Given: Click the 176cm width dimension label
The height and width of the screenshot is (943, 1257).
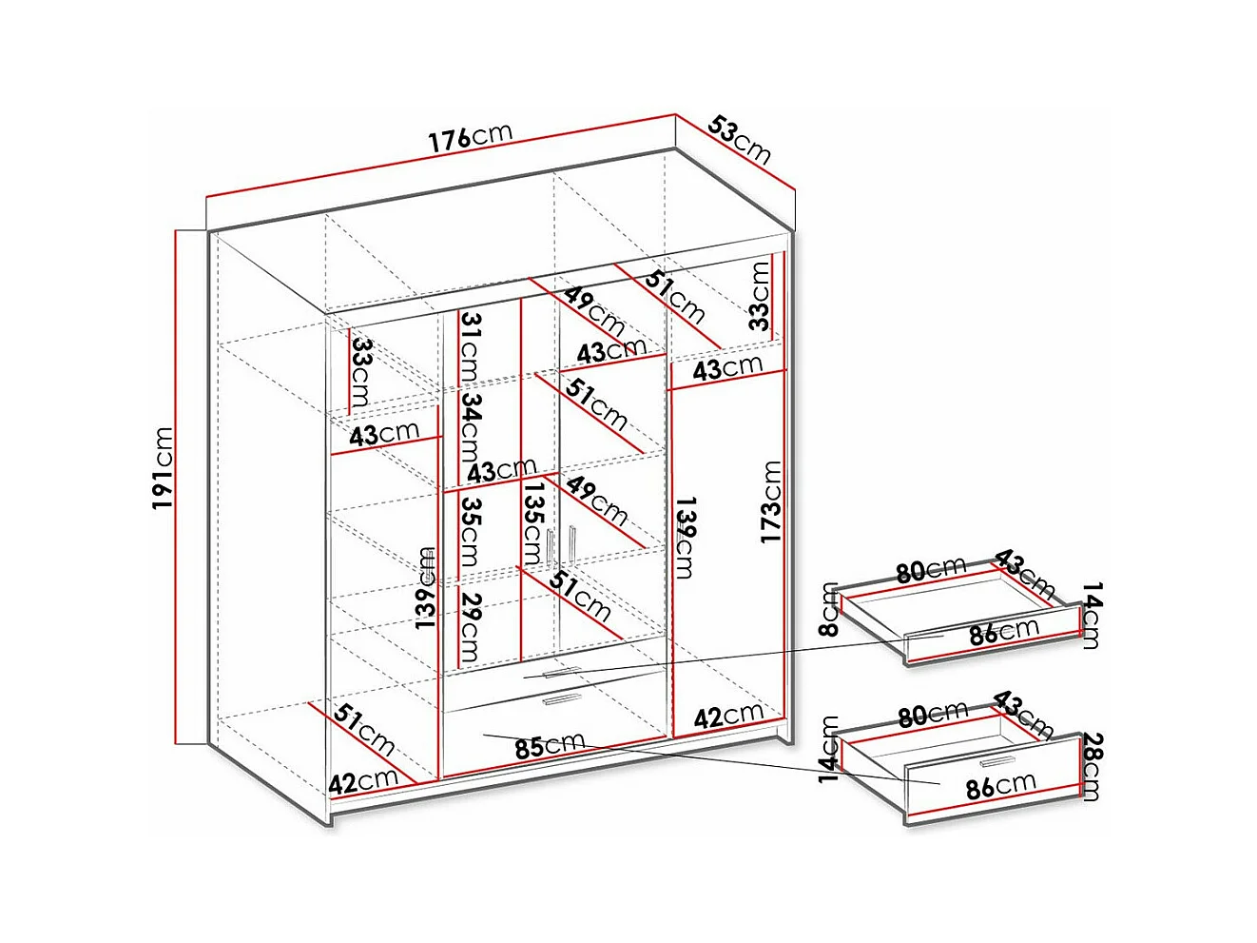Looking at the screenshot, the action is tap(470, 137).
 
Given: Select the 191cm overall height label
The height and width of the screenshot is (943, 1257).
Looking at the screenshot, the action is tap(163, 467).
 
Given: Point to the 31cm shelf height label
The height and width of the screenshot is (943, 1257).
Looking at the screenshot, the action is tap(471, 345).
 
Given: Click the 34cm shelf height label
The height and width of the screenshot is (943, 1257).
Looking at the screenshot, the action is tap(471, 423).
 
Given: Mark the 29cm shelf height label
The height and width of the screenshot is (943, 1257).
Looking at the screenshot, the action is tap(470, 626).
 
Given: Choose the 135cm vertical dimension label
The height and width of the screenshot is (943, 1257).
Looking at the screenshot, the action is tap(533, 521).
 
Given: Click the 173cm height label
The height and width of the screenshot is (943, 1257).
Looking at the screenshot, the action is tap(771, 501).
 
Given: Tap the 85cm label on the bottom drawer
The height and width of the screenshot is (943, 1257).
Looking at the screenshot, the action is tap(550, 746).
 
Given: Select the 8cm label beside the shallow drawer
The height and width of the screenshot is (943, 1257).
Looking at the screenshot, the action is tap(830, 609).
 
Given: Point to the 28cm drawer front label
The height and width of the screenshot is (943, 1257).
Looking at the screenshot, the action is tap(1093, 766).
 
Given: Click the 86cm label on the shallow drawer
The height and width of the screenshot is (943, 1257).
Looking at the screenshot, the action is tap(1003, 632).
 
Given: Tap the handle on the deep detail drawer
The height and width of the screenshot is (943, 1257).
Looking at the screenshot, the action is tap(997, 761).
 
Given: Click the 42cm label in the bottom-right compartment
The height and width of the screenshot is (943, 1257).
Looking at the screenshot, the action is tap(728, 716).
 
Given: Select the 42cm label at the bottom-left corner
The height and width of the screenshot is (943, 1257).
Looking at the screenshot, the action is tap(363, 782).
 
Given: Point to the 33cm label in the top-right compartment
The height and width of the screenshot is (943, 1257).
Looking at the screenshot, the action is tap(759, 295).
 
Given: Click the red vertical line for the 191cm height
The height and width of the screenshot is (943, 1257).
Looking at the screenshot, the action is tap(177, 485).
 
